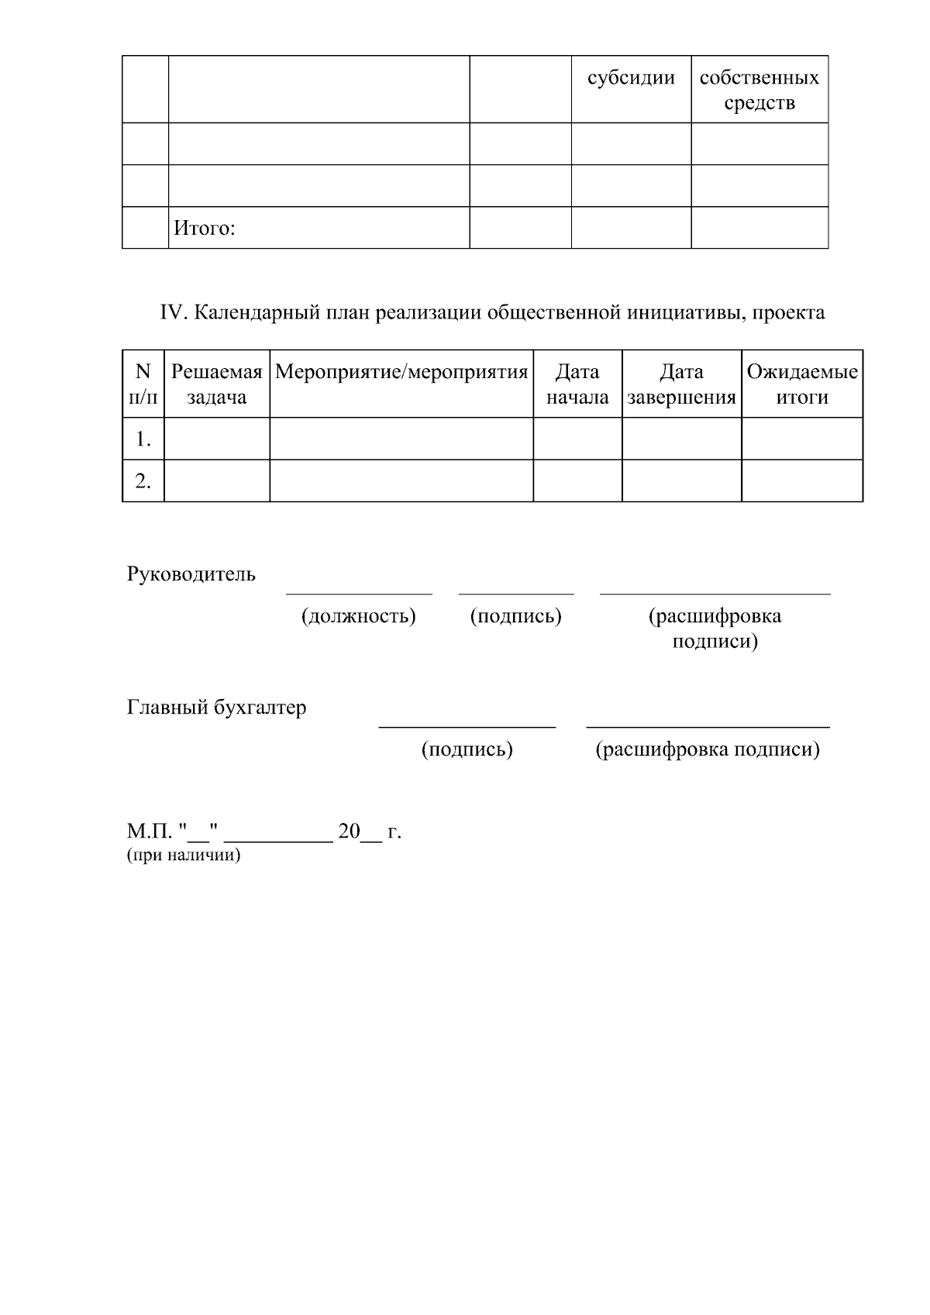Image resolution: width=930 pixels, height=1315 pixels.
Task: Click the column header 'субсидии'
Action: click(631, 78)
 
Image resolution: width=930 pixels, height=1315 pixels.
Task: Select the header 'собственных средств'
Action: click(759, 90)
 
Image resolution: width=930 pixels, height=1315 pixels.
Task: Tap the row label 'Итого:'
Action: click(204, 228)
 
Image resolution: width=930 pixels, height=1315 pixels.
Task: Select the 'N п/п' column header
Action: click(143, 384)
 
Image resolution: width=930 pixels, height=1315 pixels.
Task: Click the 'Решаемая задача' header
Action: click(216, 384)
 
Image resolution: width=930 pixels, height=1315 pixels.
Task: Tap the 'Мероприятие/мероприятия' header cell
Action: click(401, 372)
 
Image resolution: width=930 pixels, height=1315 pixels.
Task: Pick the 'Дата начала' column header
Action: click(577, 384)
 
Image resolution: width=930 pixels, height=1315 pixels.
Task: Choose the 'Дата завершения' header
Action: click(681, 384)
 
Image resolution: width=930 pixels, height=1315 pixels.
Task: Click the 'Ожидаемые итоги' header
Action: click(802, 384)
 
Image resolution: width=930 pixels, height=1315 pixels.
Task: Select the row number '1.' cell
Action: click(143, 439)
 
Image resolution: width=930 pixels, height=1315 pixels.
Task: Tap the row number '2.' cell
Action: click(143, 481)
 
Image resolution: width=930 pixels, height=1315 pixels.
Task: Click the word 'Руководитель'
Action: click(191, 574)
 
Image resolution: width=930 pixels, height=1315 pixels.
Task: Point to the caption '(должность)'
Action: click(358, 616)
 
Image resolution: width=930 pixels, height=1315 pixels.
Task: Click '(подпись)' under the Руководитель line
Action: click(515, 616)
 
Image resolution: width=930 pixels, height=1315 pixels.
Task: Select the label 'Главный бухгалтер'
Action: click(216, 707)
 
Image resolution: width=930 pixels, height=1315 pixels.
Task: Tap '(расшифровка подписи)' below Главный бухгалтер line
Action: click(707, 749)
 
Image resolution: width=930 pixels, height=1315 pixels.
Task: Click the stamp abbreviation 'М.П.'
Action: click(149, 831)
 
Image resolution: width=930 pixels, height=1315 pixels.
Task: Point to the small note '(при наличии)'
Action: click(184, 855)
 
